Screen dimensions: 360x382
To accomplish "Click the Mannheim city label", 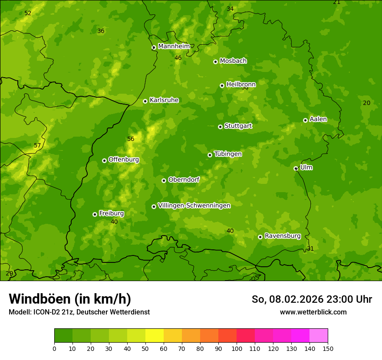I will coord(174,46).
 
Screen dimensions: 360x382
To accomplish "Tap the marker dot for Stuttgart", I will coord(220,127).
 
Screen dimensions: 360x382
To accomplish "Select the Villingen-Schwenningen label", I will coord(194,206).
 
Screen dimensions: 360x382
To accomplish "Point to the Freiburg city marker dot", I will coord(95,214).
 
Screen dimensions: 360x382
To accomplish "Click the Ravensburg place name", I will coord(282,236).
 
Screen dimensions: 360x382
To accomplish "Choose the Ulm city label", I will coord(306,167).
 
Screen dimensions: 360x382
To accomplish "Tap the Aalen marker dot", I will coord(305,120).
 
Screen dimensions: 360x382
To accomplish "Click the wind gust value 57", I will coord(37,145).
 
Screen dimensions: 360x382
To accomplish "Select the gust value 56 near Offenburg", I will coord(131,139).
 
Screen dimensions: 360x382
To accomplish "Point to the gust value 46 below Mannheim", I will coord(178,58).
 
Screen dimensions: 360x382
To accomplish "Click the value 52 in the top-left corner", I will coord(28,13).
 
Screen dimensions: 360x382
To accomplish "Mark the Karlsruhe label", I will coord(164,100).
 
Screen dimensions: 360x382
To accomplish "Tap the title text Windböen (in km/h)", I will coord(70,299).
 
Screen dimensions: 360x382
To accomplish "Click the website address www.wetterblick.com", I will coord(313,312).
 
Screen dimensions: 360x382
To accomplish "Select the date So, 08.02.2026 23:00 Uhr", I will coord(312,299).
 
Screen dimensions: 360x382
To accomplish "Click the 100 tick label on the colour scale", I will coord(237,348).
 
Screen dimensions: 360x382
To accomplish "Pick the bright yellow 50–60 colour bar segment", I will coord(155,336).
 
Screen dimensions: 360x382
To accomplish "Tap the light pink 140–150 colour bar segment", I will coord(319,336).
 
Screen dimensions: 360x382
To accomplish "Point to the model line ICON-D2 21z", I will coord(79,312).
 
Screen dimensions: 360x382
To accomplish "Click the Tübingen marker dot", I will coord(210,155).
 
